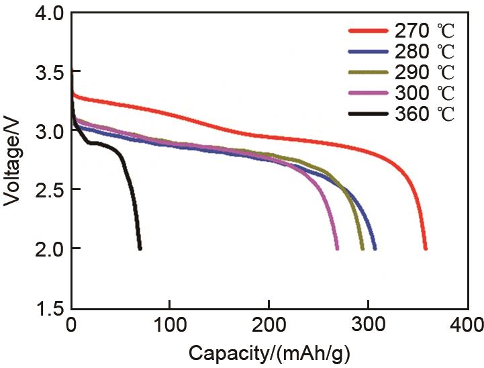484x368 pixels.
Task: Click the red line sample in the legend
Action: [x=369, y=31]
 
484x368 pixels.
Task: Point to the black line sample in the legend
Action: [x=369, y=114]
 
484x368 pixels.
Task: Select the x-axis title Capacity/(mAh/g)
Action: [x=269, y=353]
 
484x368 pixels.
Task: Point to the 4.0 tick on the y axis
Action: [x=46, y=13]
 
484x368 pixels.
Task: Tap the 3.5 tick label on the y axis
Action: [x=46, y=72]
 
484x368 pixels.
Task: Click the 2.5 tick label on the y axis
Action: [x=46, y=190]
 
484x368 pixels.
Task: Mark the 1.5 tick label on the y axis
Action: [x=46, y=308]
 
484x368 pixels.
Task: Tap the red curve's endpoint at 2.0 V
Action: [x=425, y=248]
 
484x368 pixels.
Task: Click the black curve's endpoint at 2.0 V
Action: [x=140, y=248]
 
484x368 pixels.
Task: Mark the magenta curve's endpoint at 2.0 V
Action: [x=337, y=248]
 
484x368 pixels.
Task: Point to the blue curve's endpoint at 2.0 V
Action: [x=375, y=248]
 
